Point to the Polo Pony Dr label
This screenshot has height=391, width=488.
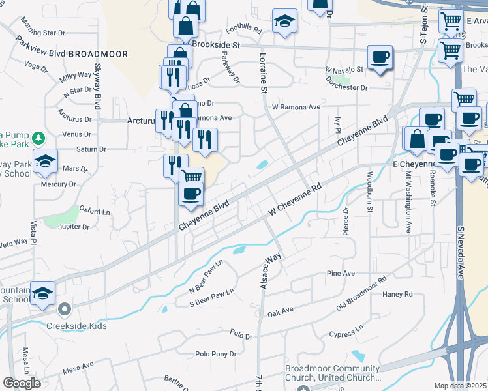pyautogui.click(x=215, y=354)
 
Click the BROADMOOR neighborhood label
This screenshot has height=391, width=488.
pyautogui.click(x=98, y=54)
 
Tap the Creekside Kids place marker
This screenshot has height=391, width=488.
pyautogui.click(x=64, y=309)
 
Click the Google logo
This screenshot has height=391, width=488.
pyautogui.click(x=22, y=383)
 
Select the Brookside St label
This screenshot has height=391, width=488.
pyautogui.click(x=218, y=44)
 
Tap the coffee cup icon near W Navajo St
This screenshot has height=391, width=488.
pyautogui.click(x=380, y=57)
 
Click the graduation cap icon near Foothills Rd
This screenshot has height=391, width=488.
pyautogui.click(x=284, y=22)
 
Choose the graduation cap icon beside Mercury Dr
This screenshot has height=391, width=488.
pyautogui.click(x=45, y=160)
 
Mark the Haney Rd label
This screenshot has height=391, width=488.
pyautogui.click(x=399, y=294)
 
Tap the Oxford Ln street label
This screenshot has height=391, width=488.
pyautogui.click(x=95, y=211)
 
